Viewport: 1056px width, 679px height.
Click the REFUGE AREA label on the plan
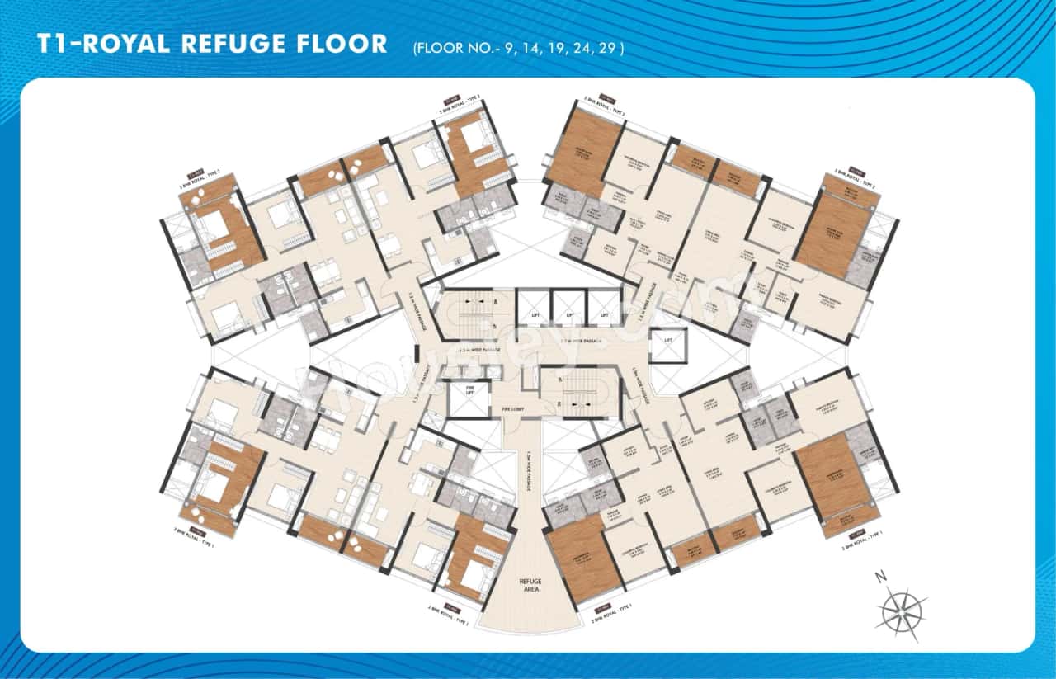[529, 586]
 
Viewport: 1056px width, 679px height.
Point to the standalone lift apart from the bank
[667, 344]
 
